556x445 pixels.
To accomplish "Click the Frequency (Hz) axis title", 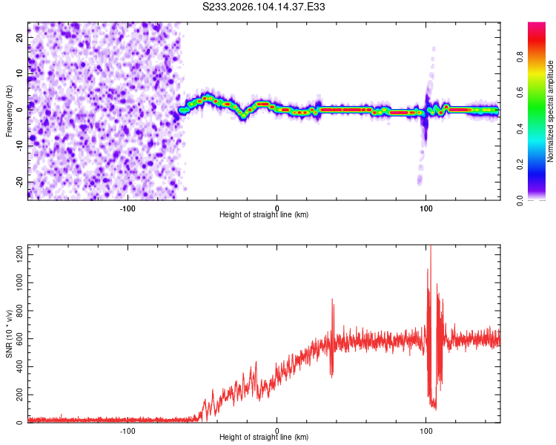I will (9, 111).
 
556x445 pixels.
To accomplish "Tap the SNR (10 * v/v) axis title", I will (9, 333).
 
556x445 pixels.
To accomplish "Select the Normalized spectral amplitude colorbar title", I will (551, 111).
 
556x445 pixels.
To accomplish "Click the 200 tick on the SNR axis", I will (17, 395).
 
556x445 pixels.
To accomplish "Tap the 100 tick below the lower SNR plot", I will (426, 431).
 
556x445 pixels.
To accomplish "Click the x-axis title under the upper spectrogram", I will (264, 215).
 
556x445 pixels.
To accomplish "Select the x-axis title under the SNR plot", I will (264, 438).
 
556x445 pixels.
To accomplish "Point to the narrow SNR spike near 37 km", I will (332, 300).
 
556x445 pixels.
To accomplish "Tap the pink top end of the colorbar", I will (537, 26).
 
